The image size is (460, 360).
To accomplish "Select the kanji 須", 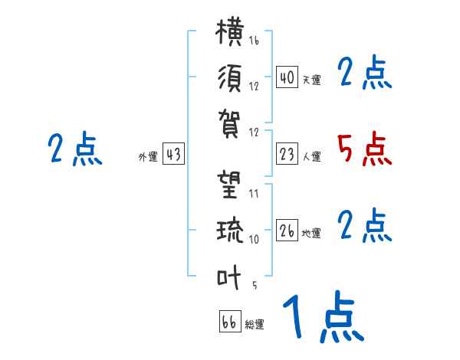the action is (x=230, y=78).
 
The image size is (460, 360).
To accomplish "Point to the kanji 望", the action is (x=229, y=185).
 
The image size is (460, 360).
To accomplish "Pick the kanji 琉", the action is (x=230, y=230).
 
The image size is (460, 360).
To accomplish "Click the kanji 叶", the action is (x=228, y=277).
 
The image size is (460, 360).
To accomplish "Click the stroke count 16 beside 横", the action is (x=254, y=40).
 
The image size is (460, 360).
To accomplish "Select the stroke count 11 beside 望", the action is (x=254, y=194).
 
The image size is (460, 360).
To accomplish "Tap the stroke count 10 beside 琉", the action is (x=254, y=239).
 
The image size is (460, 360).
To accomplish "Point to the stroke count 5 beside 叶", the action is (x=255, y=285).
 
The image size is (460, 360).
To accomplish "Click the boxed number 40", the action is (x=287, y=77).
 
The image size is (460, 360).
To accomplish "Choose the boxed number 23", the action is (x=287, y=154).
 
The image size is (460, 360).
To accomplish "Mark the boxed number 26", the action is (x=287, y=230).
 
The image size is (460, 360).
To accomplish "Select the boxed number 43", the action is (x=173, y=153).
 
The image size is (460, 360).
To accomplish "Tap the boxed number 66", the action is (x=230, y=321).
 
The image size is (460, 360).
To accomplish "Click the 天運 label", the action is (x=312, y=80).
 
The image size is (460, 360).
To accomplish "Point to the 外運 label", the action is (x=148, y=156).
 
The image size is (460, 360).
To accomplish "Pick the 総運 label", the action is (x=255, y=324).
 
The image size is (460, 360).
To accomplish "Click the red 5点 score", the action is (x=364, y=150).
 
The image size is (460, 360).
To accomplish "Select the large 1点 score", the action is (x=324, y=316).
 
